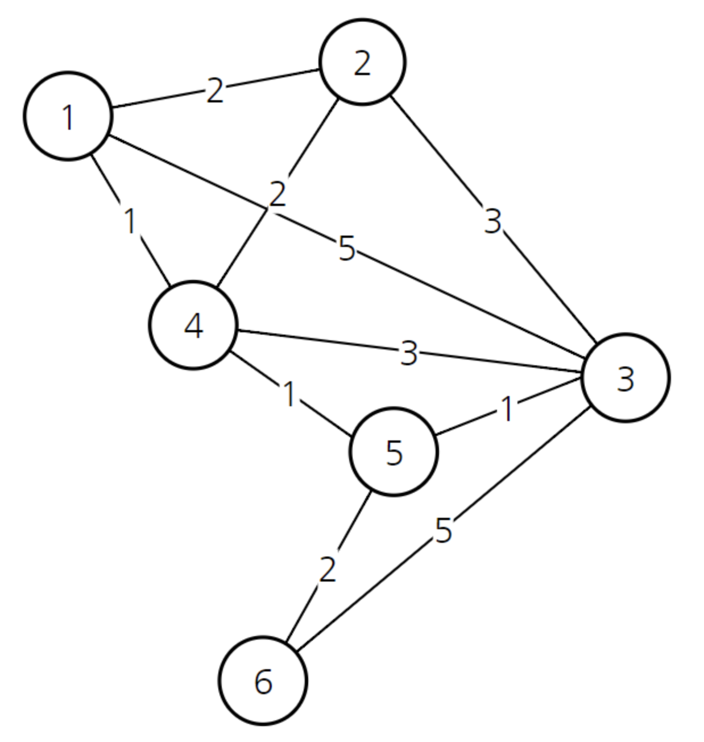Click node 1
(68, 116)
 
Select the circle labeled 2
(362, 62)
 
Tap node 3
(626, 378)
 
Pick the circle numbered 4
(193, 325)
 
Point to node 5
(394, 452)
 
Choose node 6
(263, 681)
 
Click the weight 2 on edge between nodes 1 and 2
(215, 90)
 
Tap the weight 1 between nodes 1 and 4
(130, 221)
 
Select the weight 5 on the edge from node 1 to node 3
(347, 249)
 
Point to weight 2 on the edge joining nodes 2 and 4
(278, 195)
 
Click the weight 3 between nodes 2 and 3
(493, 221)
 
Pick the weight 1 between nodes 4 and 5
(289, 394)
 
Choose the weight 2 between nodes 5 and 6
(328, 569)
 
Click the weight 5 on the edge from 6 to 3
(444, 530)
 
